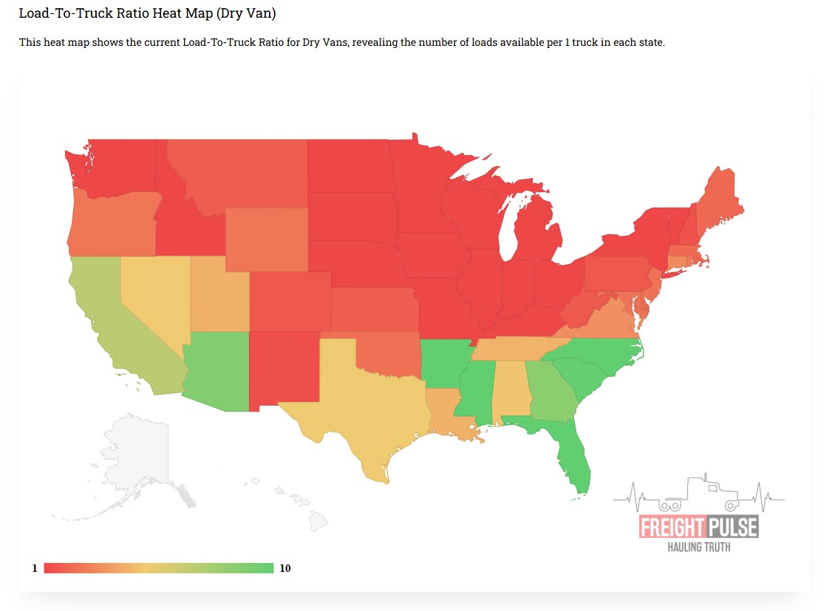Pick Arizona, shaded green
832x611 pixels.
point(218,369)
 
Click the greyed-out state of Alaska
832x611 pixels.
point(137,458)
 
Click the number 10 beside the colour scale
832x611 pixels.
point(285,568)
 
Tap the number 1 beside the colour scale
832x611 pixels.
point(34,568)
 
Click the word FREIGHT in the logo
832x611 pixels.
point(671,528)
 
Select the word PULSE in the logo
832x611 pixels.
point(731,528)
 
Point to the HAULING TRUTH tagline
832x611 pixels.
point(699,547)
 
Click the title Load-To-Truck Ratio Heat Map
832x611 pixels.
point(147,14)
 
